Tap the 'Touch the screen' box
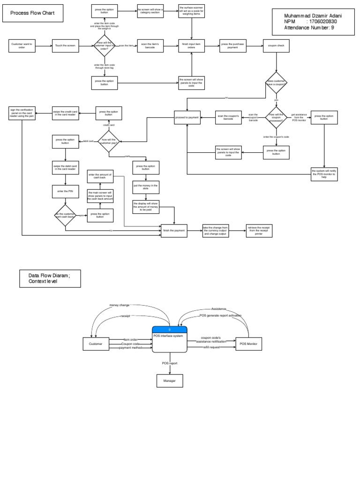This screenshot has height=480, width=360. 66,45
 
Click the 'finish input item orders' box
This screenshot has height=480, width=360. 191,45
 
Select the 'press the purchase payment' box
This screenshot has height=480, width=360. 232,45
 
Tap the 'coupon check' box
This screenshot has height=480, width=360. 277,45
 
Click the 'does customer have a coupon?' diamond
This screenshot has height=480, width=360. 277,83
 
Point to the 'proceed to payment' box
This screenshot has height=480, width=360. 187,117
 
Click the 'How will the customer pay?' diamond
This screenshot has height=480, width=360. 108,141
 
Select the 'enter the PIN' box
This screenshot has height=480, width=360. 66,192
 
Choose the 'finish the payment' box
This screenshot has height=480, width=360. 174,231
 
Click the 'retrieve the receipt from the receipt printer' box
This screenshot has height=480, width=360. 259,231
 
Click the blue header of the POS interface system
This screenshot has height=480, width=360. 169,330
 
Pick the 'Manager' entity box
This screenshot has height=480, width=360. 169,381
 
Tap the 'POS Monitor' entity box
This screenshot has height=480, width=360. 249,344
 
